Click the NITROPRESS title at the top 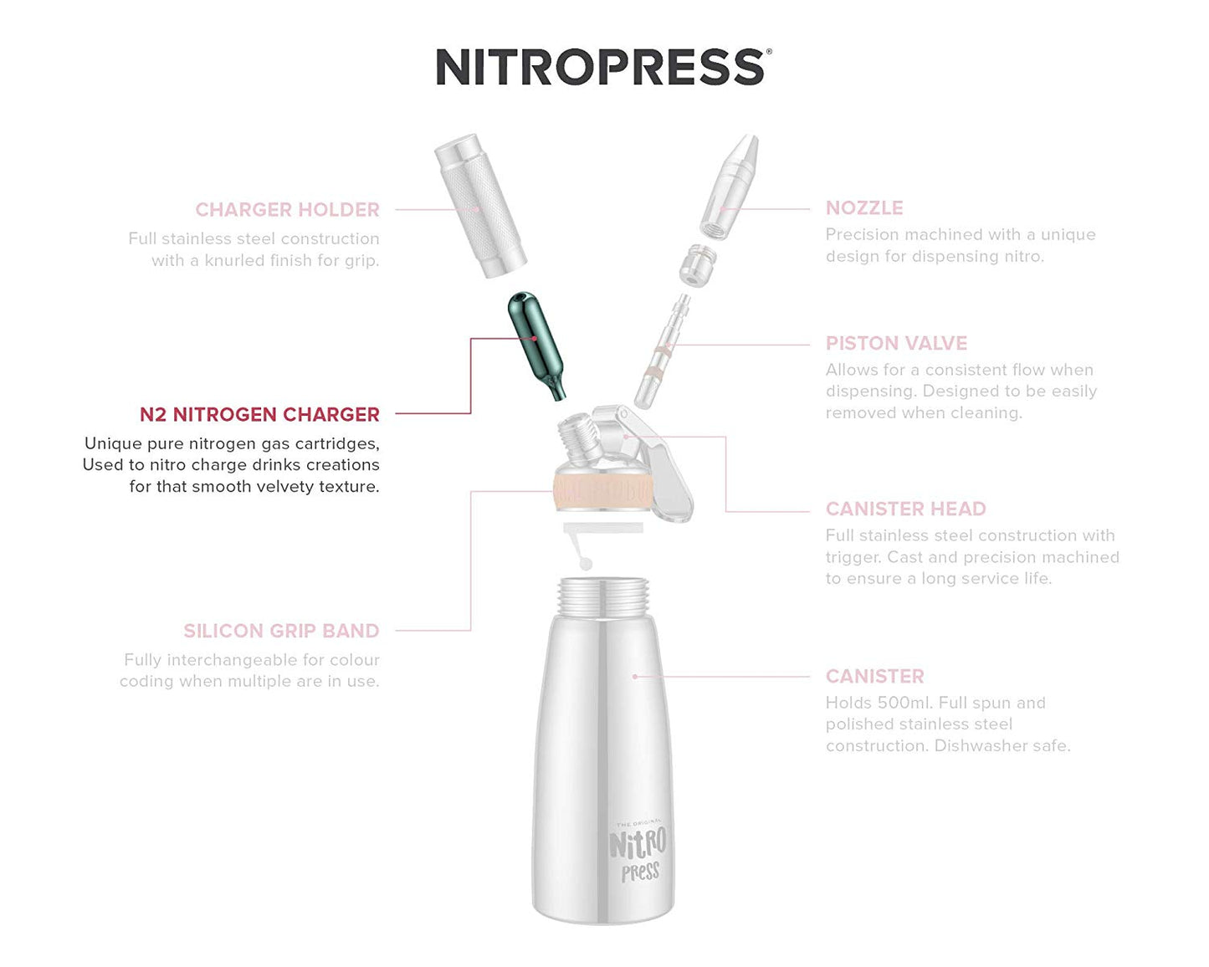[602, 67]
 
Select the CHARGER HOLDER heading [287, 210]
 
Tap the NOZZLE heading [863, 208]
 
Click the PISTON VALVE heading [896, 344]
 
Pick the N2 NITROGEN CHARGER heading [259, 415]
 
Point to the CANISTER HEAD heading [905, 509]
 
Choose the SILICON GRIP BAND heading [281, 631]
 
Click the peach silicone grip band [602, 491]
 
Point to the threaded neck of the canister [602, 596]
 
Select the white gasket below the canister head [602, 529]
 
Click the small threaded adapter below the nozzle [696, 264]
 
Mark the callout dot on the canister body [635, 676]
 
